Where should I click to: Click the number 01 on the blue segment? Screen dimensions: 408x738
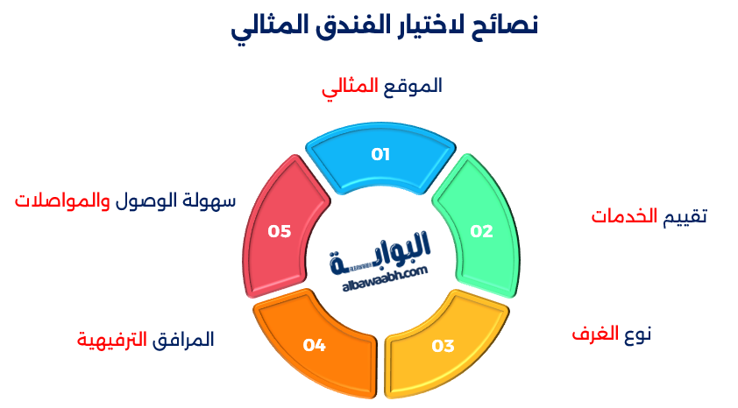[380, 155]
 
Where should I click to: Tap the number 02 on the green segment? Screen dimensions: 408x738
[481, 231]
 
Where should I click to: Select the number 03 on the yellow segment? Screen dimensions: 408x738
[444, 345]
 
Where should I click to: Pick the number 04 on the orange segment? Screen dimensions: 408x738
[315, 345]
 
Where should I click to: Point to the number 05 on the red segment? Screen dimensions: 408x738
[280, 231]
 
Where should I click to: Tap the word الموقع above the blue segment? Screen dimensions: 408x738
[413, 86]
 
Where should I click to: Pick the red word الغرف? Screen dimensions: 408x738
[596, 334]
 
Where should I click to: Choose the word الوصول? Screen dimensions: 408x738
[145, 200]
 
